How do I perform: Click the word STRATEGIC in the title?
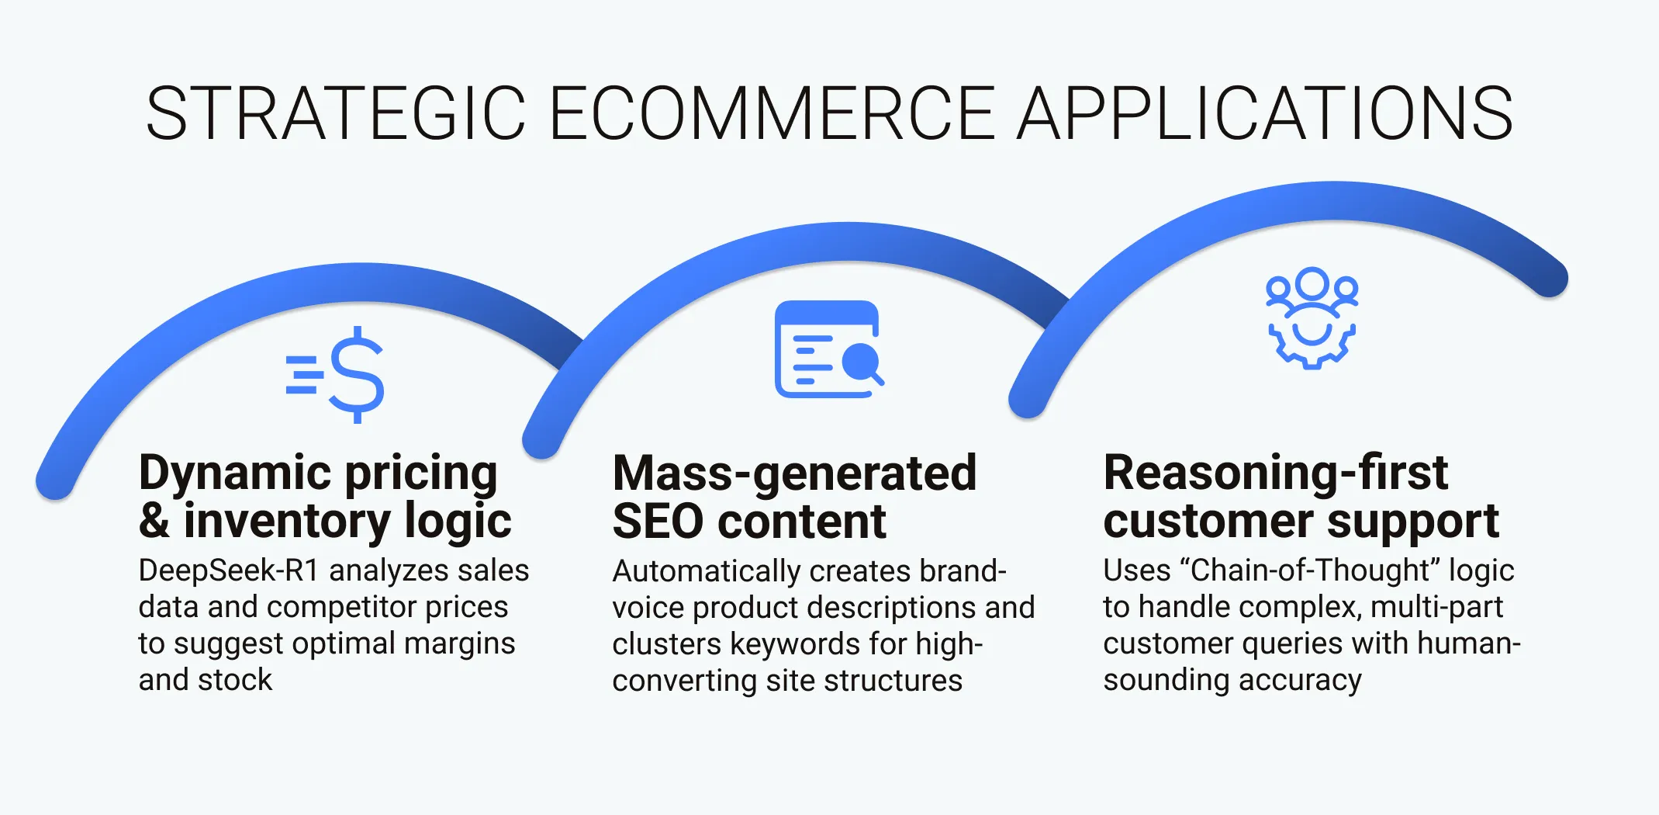tap(336, 114)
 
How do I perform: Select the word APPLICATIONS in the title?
tap(1264, 114)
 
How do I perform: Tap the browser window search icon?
tap(828, 349)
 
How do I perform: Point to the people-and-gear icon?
tap(1312, 317)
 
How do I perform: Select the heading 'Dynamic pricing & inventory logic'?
tap(325, 496)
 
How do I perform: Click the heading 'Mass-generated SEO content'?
tap(794, 496)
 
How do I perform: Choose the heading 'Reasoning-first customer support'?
tap(1301, 496)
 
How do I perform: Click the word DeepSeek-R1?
tap(229, 570)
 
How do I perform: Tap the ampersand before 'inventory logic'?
tap(154, 521)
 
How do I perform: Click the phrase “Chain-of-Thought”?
tap(1309, 570)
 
